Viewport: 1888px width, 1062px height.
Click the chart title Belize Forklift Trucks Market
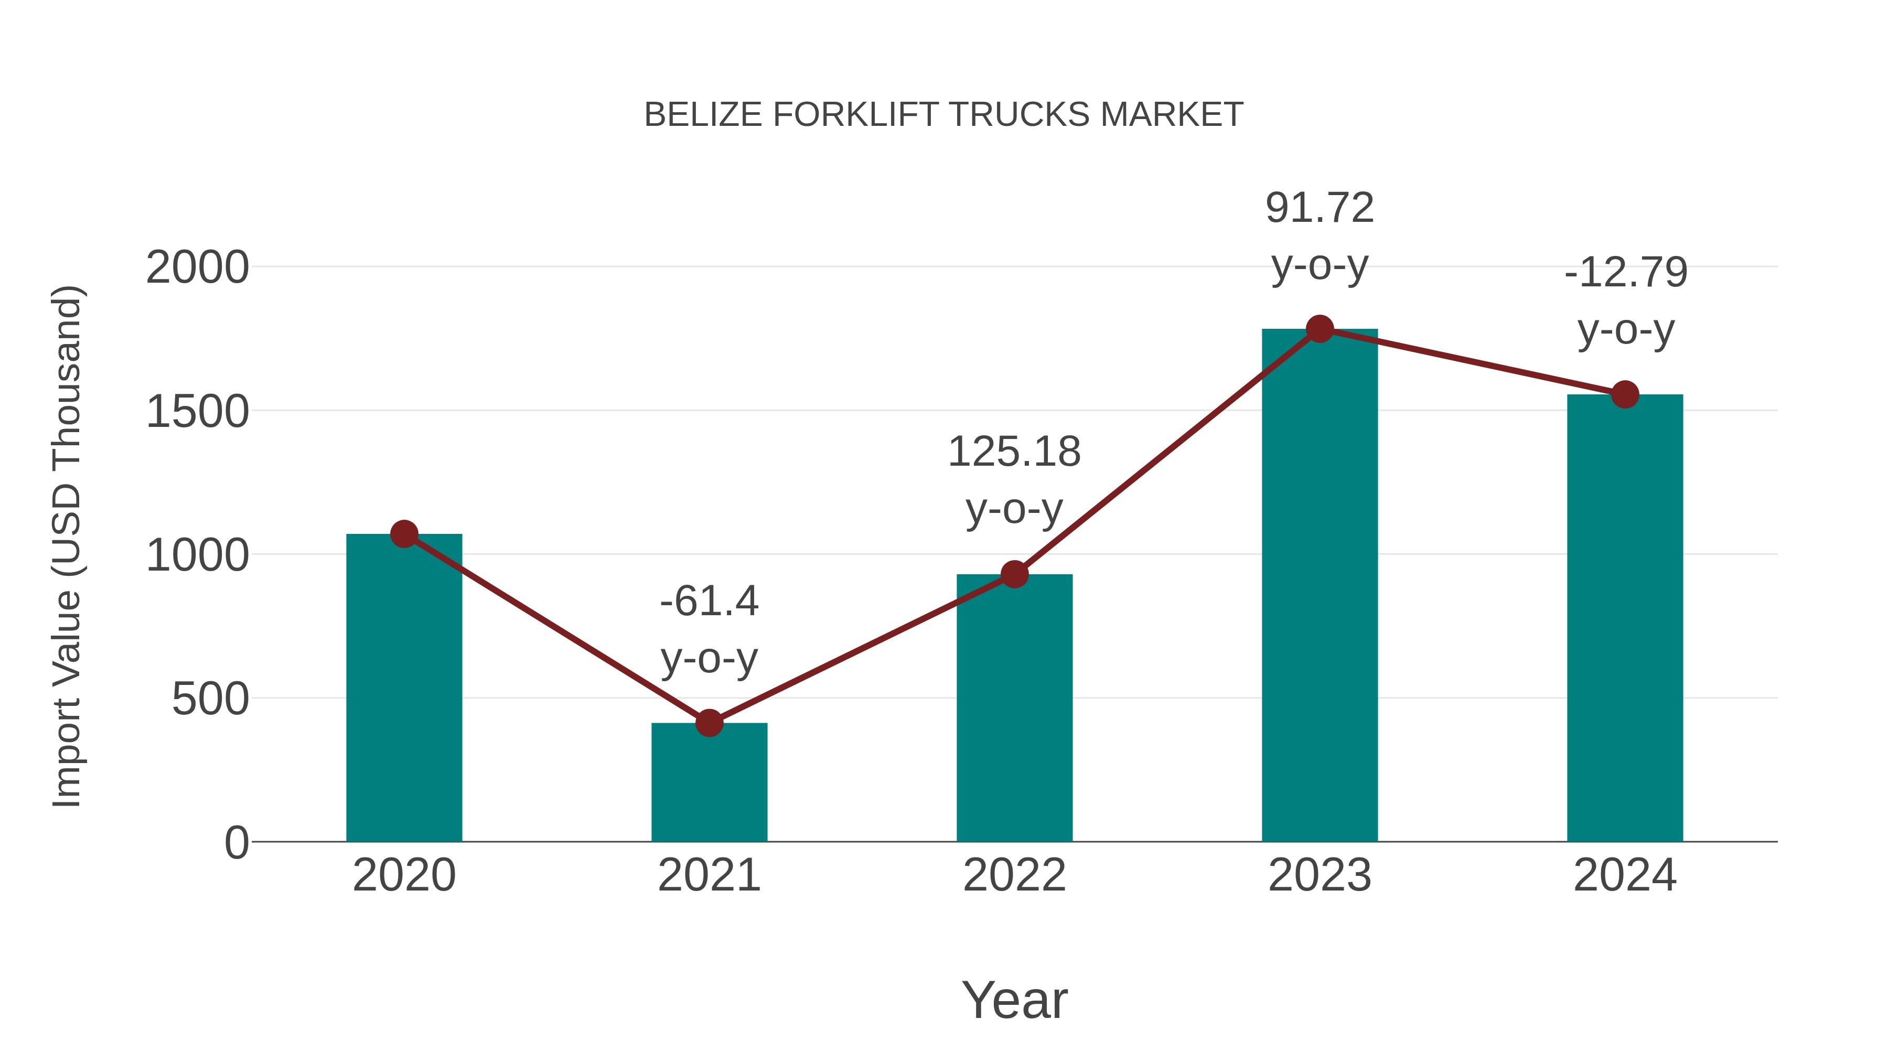[943, 115]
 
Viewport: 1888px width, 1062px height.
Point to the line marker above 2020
[404, 534]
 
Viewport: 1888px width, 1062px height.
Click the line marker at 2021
[709, 723]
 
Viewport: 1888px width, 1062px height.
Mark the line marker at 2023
[1320, 329]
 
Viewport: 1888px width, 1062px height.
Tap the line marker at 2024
[1625, 395]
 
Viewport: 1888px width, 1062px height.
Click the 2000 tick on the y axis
[197, 267]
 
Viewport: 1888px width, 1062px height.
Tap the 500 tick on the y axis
[210, 699]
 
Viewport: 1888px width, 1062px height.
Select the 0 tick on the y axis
[237, 843]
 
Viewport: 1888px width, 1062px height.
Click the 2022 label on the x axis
[1014, 875]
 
